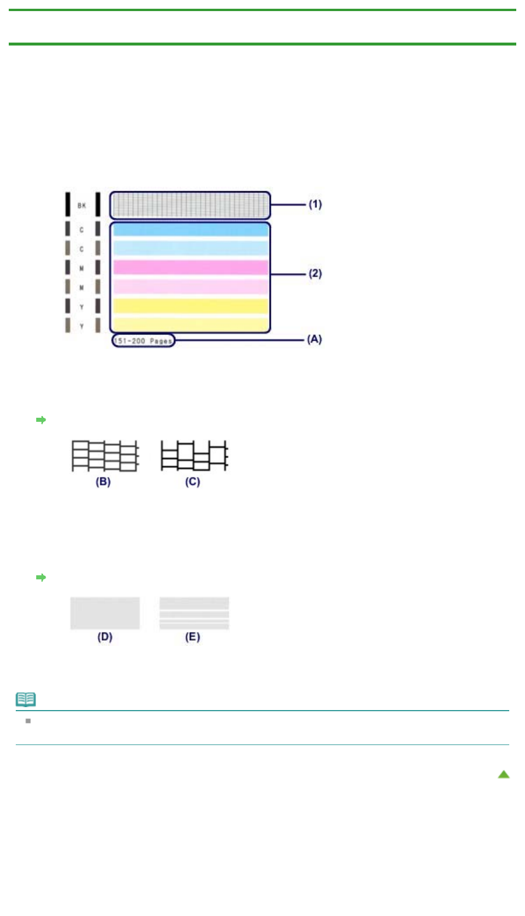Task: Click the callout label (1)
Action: (315, 204)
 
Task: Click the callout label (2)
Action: (315, 273)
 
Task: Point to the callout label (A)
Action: (314, 339)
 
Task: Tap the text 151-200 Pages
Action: (143, 341)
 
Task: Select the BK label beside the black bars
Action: (82, 205)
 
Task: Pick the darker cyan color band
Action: (190, 230)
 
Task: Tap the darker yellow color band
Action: (190, 306)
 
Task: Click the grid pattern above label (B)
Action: (105, 456)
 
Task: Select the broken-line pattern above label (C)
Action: (194, 456)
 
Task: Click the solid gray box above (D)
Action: (105, 613)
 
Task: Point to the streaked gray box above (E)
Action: (194, 613)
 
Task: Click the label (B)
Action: (103, 482)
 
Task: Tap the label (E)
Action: (193, 637)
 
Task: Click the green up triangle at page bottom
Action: (503, 774)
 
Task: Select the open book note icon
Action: (26, 699)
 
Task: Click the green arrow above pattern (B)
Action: (41, 419)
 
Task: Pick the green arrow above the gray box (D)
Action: (41, 577)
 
